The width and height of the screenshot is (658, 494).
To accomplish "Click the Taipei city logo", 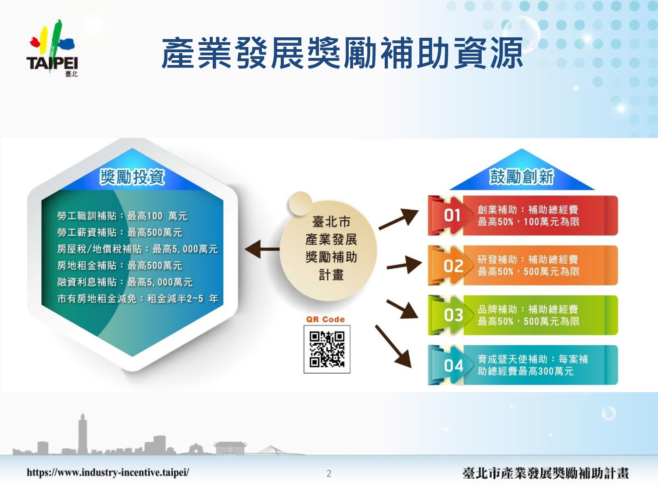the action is pyautogui.click(x=53, y=48).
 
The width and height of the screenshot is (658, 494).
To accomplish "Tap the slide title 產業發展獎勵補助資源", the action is pyautogui.click(x=342, y=54).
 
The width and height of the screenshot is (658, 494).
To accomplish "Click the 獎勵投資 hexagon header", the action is pyautogui.click(x=132, y=177).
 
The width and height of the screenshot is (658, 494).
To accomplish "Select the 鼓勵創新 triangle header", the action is pyautogui.click(x=522, y=177).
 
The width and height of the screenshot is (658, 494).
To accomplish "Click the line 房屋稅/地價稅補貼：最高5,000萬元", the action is pyautogui.click(x=137, y=249).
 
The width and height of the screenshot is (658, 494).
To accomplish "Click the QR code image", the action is pyautogui.click(x=327, y=349).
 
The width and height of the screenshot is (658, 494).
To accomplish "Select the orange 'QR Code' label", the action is pyautogui.click(x=325, y=319).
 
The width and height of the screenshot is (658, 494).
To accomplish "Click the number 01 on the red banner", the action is pyautogui.click(x=452, y=215).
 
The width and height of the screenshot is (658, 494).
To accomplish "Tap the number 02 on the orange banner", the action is pyautogui.click(x=453, y=266).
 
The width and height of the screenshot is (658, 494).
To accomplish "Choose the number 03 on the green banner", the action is pyautogui.click(x=453, y=315).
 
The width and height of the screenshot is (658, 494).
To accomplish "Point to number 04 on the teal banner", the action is pyautogui.click(x=453, y=366).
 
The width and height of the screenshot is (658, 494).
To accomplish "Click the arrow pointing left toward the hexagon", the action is pyautogui.click(x=262, y=249).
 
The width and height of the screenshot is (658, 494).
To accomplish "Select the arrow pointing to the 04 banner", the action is pyautogui.click(x=393, y=346).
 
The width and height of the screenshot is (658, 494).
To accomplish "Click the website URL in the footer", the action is pyautogui.click(x=108, y=473).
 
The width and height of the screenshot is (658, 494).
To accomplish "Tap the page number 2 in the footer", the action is pyautogui.click(x=329, y=474).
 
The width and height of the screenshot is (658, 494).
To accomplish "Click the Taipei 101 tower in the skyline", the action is pyautogui.click(x=82, y=434).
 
